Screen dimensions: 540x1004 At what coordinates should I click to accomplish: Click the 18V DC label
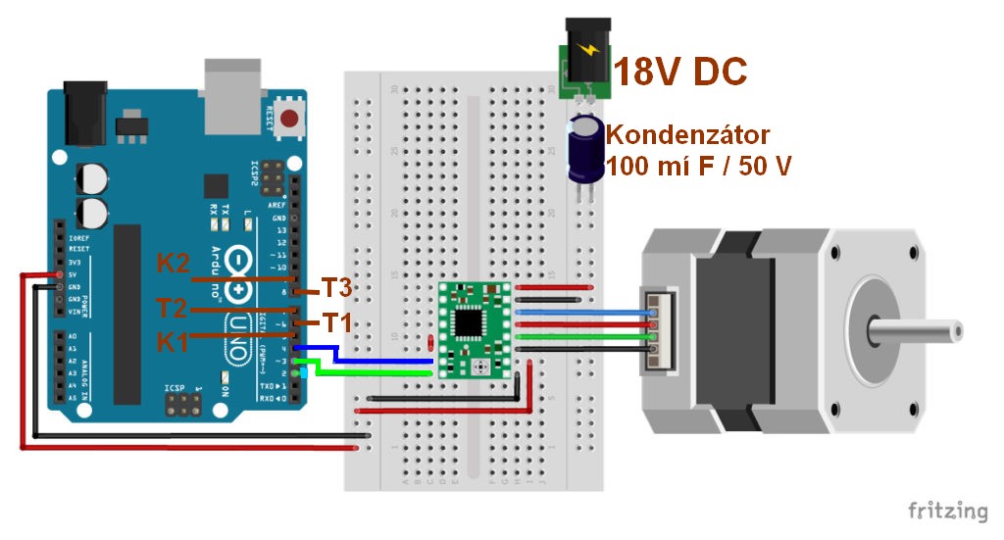point(679,71)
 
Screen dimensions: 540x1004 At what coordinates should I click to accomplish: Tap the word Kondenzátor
point(687,134)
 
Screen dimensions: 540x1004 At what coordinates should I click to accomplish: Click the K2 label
point(173,263)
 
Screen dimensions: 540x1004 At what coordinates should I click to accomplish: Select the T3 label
point(336,288)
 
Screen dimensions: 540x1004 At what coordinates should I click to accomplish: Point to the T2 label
point(173,309)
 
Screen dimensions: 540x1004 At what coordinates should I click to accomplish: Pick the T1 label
point(336,321)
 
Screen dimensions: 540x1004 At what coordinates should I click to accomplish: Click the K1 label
point(173,341)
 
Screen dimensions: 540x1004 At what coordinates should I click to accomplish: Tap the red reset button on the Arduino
point(289,121)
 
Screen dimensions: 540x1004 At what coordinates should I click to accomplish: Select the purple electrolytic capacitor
point(587,149)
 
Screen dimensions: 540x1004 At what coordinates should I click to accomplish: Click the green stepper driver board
point(476,329)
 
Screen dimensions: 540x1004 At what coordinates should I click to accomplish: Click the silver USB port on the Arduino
point(232,95)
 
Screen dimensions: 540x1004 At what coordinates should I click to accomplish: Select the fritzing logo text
point(947,511)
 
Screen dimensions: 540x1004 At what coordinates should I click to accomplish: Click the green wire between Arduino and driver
point(382,372)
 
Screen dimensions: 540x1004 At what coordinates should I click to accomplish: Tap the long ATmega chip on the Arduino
point(126,314)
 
